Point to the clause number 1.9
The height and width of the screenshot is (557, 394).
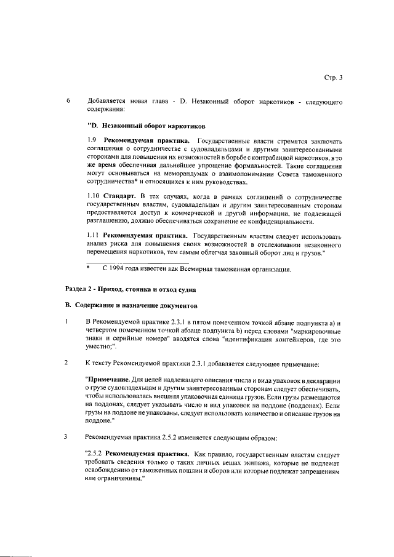pyautogui.click(x=90, y=141)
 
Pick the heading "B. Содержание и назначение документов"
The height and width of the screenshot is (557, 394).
pyautogui.click(x=131, y=305)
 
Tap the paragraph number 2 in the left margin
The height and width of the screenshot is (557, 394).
pyautogui.click(x=68, y=362)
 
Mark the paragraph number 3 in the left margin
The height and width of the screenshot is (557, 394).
pyautogui.click(x=68, y=438)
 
